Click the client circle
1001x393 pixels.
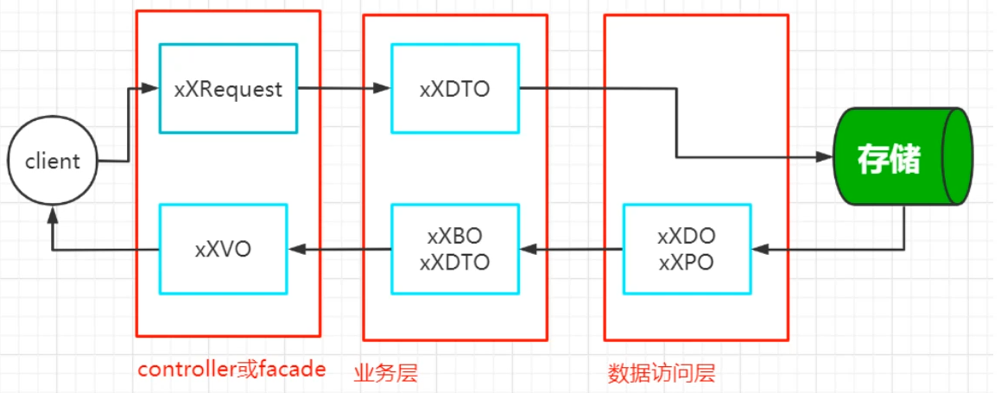(53, 162)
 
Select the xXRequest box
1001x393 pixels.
(228, 88)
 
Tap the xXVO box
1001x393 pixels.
(223, 249)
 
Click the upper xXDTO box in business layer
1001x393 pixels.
(454, 88)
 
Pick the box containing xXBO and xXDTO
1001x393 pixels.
(454, 249)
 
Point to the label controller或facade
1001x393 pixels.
(231, 370)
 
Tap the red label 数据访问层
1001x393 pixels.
(662, 373)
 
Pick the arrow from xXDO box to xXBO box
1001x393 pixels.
(570, 249)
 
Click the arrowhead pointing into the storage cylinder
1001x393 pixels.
(824, 157)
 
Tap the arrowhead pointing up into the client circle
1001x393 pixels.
(53, 210)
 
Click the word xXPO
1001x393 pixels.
(686, 263)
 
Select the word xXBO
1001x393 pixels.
(454, 235)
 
